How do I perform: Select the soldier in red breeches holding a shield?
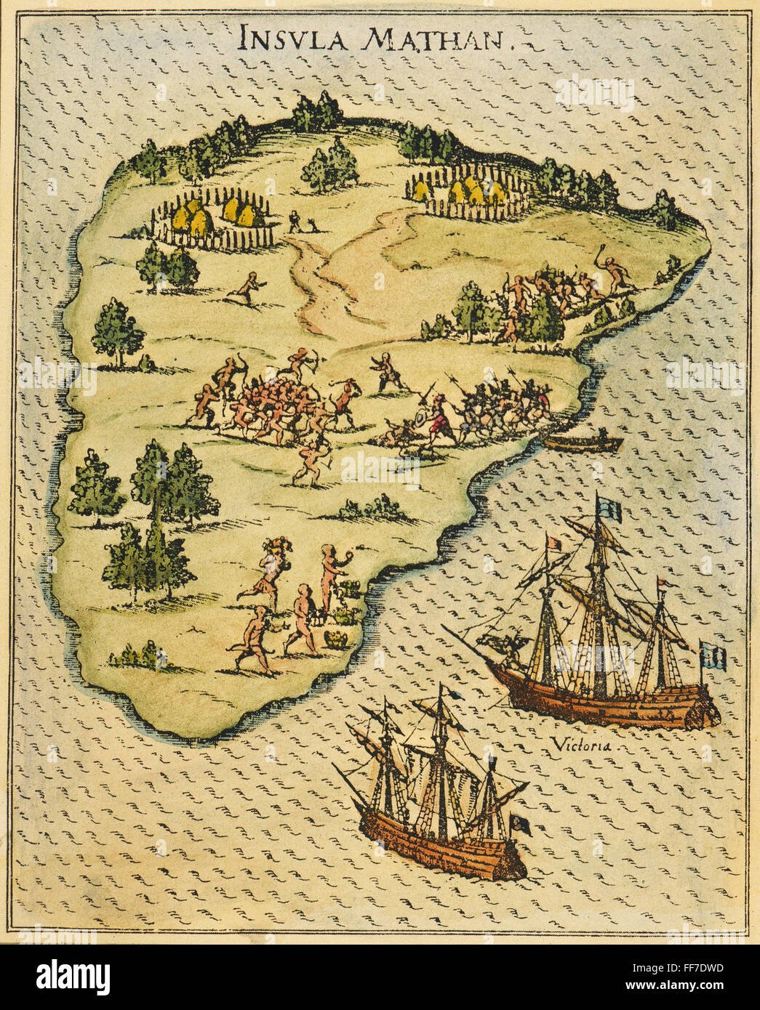(x=437, y=419)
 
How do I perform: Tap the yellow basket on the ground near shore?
(x=336, y=639)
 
